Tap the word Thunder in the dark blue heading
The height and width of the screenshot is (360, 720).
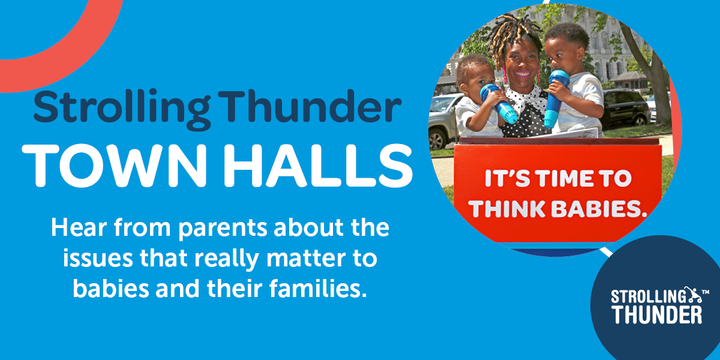coord(309,106)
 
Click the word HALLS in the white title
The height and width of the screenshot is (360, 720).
coord(318,166)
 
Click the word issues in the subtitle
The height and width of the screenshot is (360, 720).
coord(98,258)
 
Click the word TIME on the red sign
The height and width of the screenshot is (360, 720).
coord(568,179)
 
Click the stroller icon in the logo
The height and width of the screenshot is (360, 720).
coord(692,295)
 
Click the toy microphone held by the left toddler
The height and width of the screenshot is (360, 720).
coord(498,103)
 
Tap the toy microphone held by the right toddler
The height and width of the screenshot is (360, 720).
coord(554,98)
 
